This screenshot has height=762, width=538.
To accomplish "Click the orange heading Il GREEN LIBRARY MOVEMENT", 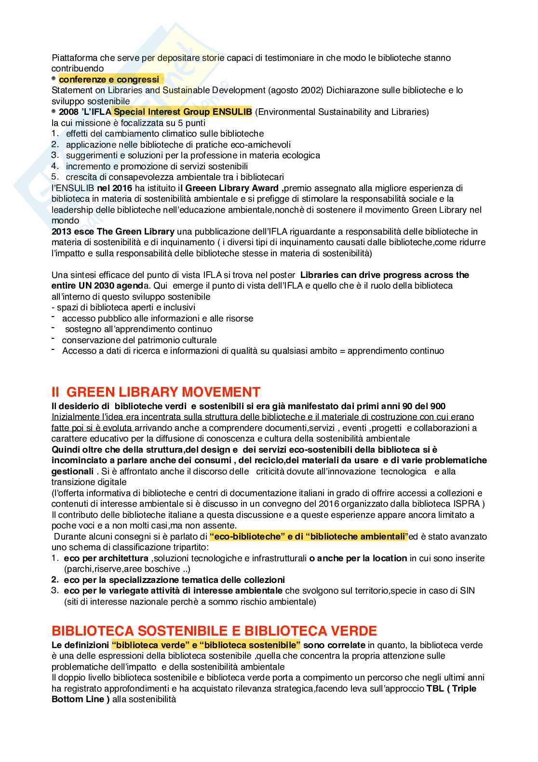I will pos(156,391).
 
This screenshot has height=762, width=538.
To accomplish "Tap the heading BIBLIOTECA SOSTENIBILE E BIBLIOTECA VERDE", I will pos(214,631).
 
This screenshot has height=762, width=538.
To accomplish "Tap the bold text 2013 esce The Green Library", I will pos(113,231).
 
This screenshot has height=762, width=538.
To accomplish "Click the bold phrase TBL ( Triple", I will pos(451,688).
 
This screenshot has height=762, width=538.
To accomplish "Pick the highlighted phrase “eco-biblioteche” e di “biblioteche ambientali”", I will pos(309,536).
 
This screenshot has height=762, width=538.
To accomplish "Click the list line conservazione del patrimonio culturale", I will pos(139,340).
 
